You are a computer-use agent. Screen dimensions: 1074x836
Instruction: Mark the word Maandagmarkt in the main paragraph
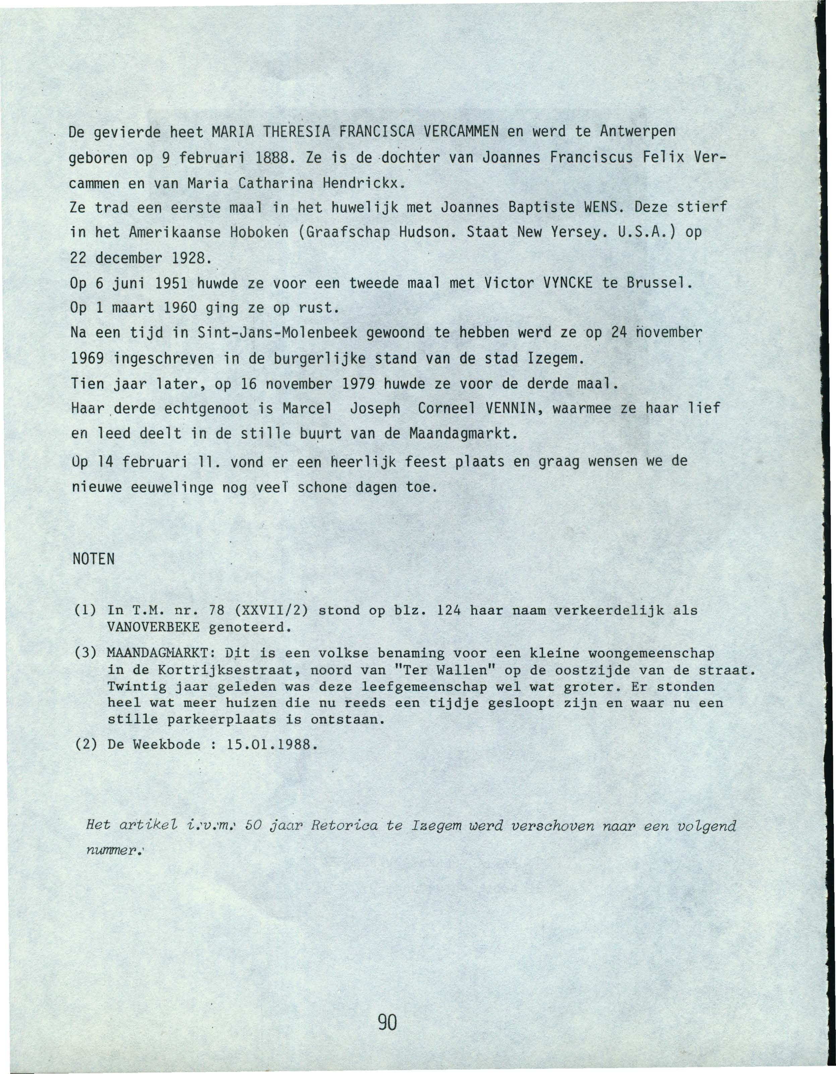pos(464,434)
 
